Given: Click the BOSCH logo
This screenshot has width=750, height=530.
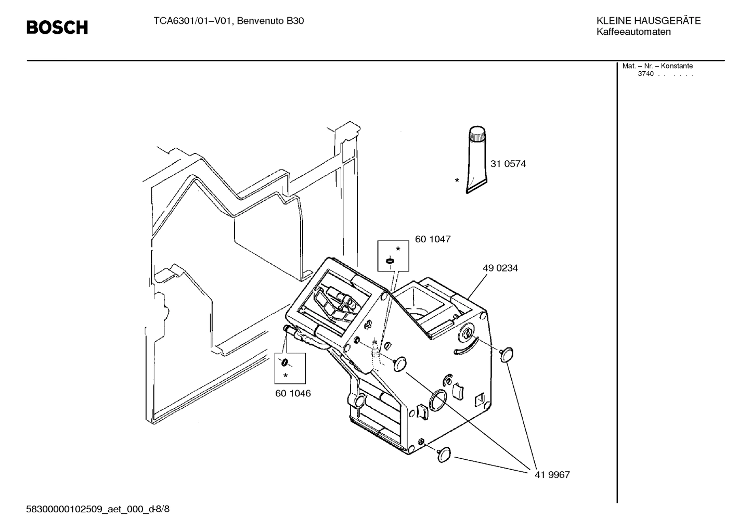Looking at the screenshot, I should [57, 27].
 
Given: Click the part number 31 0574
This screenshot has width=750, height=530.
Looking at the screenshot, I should [508, 164].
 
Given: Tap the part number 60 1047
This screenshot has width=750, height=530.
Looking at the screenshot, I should [432, 239].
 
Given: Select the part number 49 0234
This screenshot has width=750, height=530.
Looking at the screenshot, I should [500, 268].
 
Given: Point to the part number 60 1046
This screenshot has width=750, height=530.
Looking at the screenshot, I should [293, 393].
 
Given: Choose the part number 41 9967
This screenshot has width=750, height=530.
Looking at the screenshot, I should [552, 475].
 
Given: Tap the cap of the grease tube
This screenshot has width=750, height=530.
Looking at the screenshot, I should [477, 134].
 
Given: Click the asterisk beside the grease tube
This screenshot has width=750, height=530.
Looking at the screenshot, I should [457, 180].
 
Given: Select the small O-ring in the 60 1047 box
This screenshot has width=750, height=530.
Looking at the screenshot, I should [390, 261].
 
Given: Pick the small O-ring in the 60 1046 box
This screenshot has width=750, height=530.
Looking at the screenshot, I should [285, 363].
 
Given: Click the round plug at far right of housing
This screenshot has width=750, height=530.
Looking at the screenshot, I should [506, 355].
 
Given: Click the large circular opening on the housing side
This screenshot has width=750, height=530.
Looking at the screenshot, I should [438, 399].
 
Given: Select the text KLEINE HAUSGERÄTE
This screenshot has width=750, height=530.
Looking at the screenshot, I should [648, 21].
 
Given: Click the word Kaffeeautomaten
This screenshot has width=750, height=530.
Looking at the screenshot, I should [633, 32].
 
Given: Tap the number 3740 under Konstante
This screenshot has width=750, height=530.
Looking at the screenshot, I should [645, 74].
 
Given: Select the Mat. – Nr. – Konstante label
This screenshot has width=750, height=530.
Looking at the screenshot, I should [657, 66].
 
